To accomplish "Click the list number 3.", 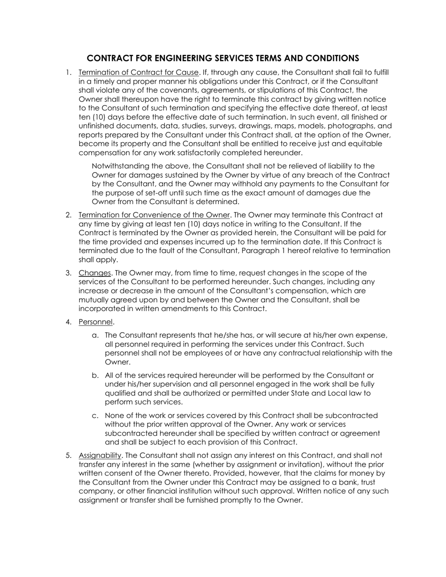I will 69,273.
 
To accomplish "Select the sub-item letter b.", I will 95,375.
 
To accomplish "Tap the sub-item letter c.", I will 95,416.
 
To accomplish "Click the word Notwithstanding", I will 118,166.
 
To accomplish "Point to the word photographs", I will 351,126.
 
